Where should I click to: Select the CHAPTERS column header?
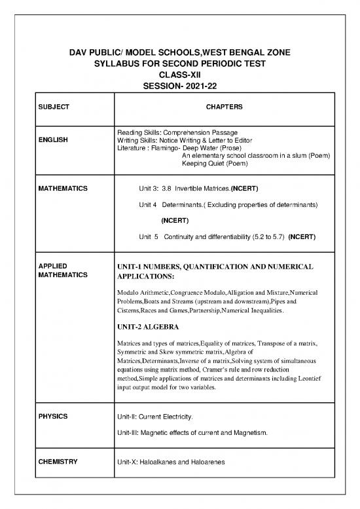[225, 105]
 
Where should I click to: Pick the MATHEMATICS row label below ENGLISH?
[63, 189]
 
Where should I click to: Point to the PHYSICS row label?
[52, 416]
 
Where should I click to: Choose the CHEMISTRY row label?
[58, 462]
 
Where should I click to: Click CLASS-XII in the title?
[179, 75]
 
